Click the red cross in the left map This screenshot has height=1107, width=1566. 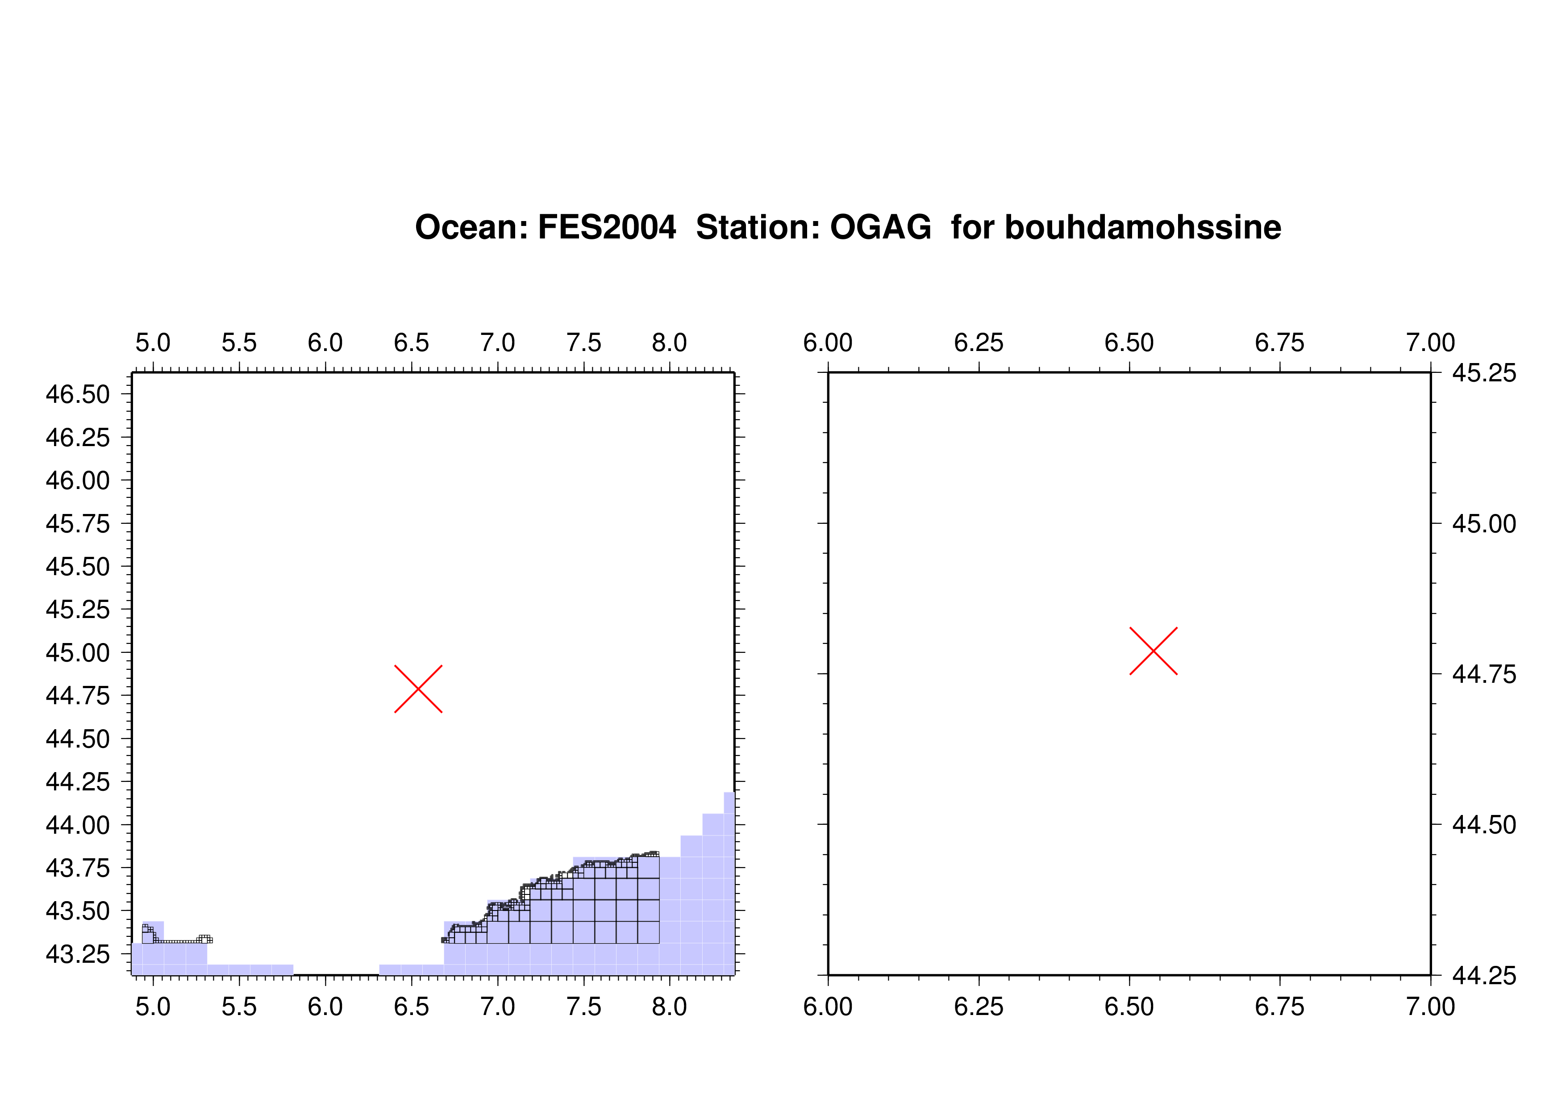[418, 689]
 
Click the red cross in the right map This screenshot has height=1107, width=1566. [1154, 651]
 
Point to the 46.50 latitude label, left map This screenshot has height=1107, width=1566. [77, 394]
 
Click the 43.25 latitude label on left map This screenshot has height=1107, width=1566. [77, 954]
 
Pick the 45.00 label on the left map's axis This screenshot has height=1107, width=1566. [77, 653]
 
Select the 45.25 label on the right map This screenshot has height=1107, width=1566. [1484, 373]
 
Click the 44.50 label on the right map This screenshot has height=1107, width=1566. [1484, 825]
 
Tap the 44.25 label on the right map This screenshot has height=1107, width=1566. [1484, 975]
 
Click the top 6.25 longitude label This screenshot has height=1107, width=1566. [979, 343]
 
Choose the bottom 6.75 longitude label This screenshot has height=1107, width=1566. [1279, 1007]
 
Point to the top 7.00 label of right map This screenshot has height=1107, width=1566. [1430, 343]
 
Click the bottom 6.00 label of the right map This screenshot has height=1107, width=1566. [828, 1007]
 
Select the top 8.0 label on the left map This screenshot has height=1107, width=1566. [670, 343]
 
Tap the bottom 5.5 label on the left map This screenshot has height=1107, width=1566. [239, 1007]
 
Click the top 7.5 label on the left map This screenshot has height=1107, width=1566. [584, 343]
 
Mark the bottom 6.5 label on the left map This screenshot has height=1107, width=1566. [411, 1007]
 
